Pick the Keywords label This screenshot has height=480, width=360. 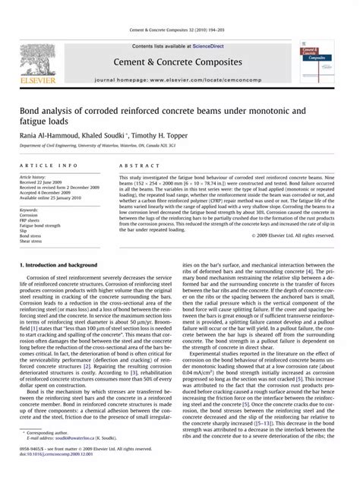point(30,210)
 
